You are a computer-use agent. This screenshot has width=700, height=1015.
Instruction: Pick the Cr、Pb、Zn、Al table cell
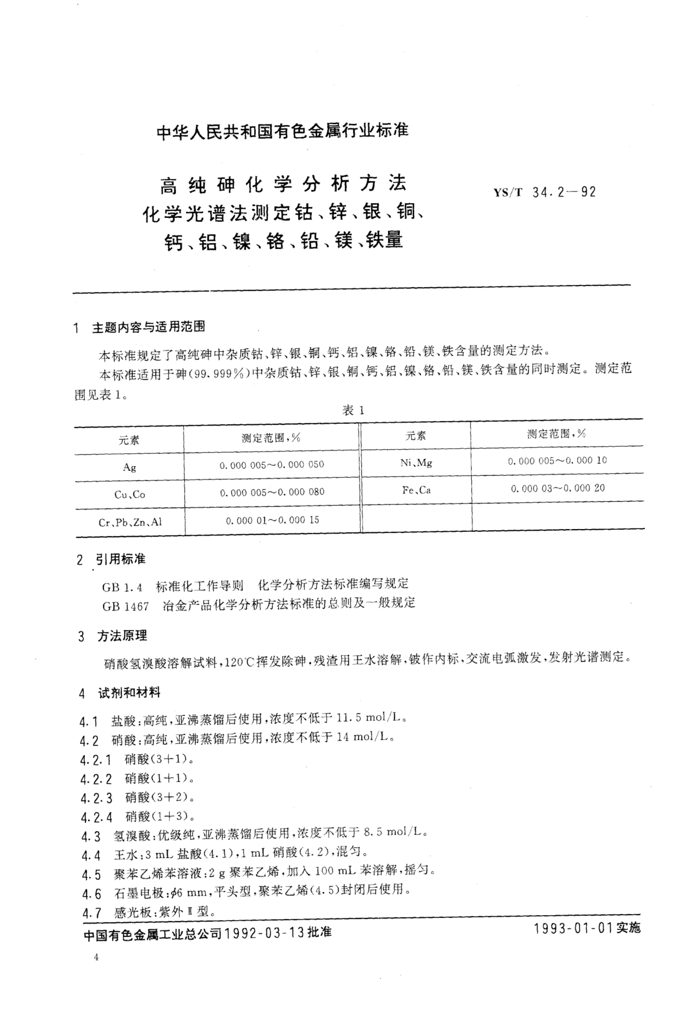pyautogui.click(x=130, y=522)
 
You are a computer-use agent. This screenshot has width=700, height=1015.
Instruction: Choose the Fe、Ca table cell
pyautogui.click(x=416, y=490)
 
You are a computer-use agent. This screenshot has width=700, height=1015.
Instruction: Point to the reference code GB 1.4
pyautogui.click(x=122, y=587)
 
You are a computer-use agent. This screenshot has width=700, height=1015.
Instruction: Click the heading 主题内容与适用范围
pyautogui.click(x=148, y=327)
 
